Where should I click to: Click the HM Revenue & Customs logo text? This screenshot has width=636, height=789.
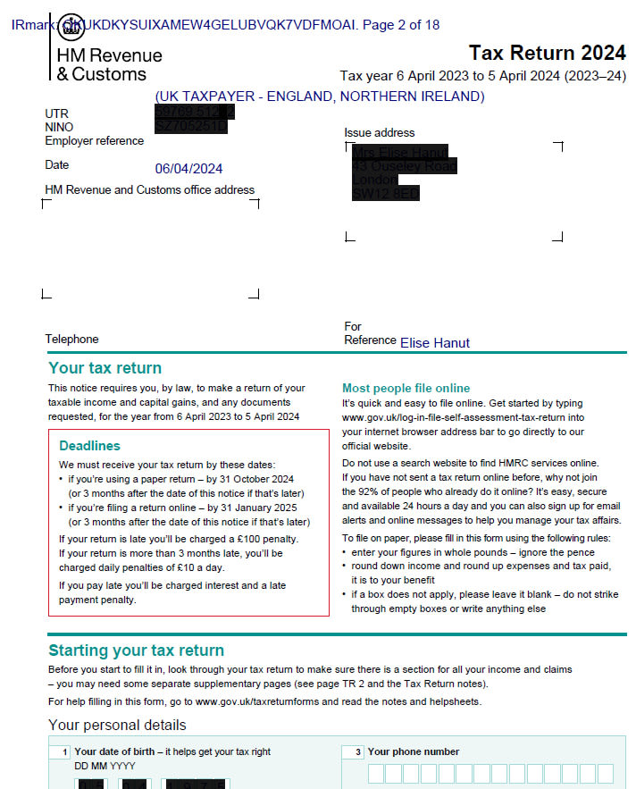(x=109, y=64)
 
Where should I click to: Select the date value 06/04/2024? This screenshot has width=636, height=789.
(x=188, y=168)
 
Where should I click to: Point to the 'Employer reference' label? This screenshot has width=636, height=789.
(x=94, y=140)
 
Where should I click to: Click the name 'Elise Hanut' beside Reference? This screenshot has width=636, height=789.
(x=434, y=342)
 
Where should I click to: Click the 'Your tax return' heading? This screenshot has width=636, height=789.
(x=105, y=367)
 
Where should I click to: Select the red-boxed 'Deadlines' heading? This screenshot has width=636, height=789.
(x=89, y=445)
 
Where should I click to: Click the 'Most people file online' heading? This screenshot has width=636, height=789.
(x=406, y=388)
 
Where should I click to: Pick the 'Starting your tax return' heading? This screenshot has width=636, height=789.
(x=136, y=650)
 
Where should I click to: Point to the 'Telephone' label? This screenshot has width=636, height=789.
(x=71, y=339)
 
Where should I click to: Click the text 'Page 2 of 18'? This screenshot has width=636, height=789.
(x=401, y=24)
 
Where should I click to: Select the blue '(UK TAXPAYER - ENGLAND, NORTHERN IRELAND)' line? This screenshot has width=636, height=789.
(x=319, y=96)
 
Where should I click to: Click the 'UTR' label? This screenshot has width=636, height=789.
(x=56, y=113)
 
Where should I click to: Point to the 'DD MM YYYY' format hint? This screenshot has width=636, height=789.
(x=105, y=766)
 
